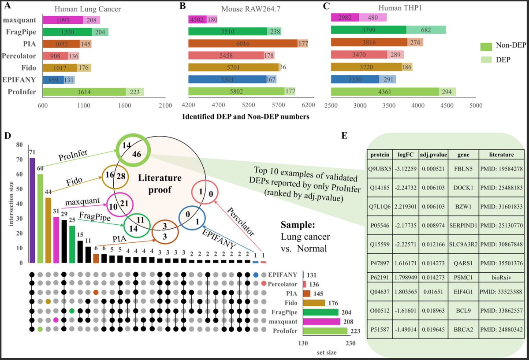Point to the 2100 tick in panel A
pos(165,106)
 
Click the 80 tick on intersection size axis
pos(19,145)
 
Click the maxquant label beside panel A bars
pos(21,20)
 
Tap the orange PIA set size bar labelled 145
pos(307,293)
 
